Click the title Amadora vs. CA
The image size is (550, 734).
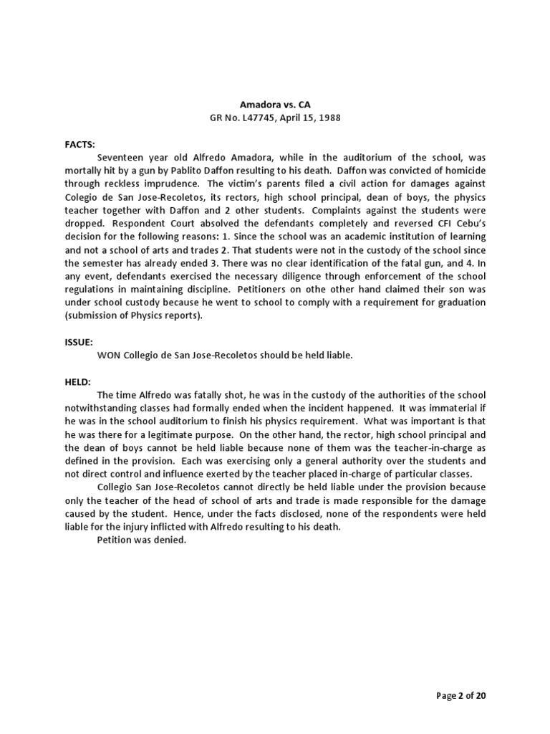click(x=275, y=105)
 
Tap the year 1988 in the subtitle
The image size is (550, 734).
click(x=327, y=118)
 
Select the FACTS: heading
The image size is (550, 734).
click(x=79, y=144)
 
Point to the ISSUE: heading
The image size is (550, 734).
click(x=79, y=343)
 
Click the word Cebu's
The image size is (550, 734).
click(x=467, y=224)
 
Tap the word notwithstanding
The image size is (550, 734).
click(x=101, y=409)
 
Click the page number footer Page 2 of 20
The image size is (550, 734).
click(x=461, y=695)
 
